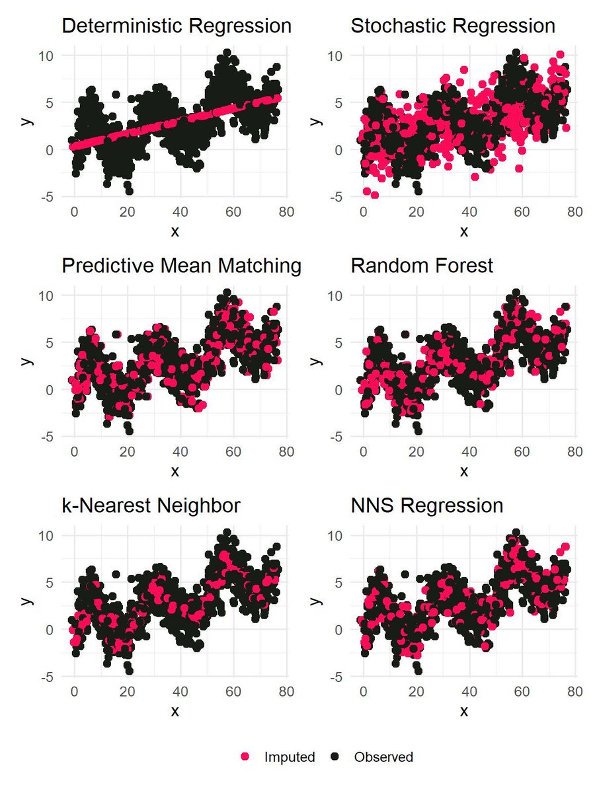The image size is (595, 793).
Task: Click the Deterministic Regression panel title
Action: tap(177, 26)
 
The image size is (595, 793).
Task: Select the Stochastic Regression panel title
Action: tap(453, 26)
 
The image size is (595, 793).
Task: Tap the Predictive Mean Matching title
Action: tap(182, 266)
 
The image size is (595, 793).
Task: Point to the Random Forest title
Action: tap(422, 266)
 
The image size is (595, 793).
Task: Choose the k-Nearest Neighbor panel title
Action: tap(151, 506)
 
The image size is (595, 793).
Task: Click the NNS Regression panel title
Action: tap(427, 506)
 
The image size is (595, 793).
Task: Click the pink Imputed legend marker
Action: tap(246, 757)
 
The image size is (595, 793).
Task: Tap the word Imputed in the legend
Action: tap(289, 757)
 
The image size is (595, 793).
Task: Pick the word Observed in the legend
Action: tap(383, 757)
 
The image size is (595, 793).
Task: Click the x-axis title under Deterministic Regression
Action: tap(175, 231)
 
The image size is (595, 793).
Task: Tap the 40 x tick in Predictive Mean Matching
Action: tap(180, 451)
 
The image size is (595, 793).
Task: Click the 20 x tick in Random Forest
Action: tap(416, 451)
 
